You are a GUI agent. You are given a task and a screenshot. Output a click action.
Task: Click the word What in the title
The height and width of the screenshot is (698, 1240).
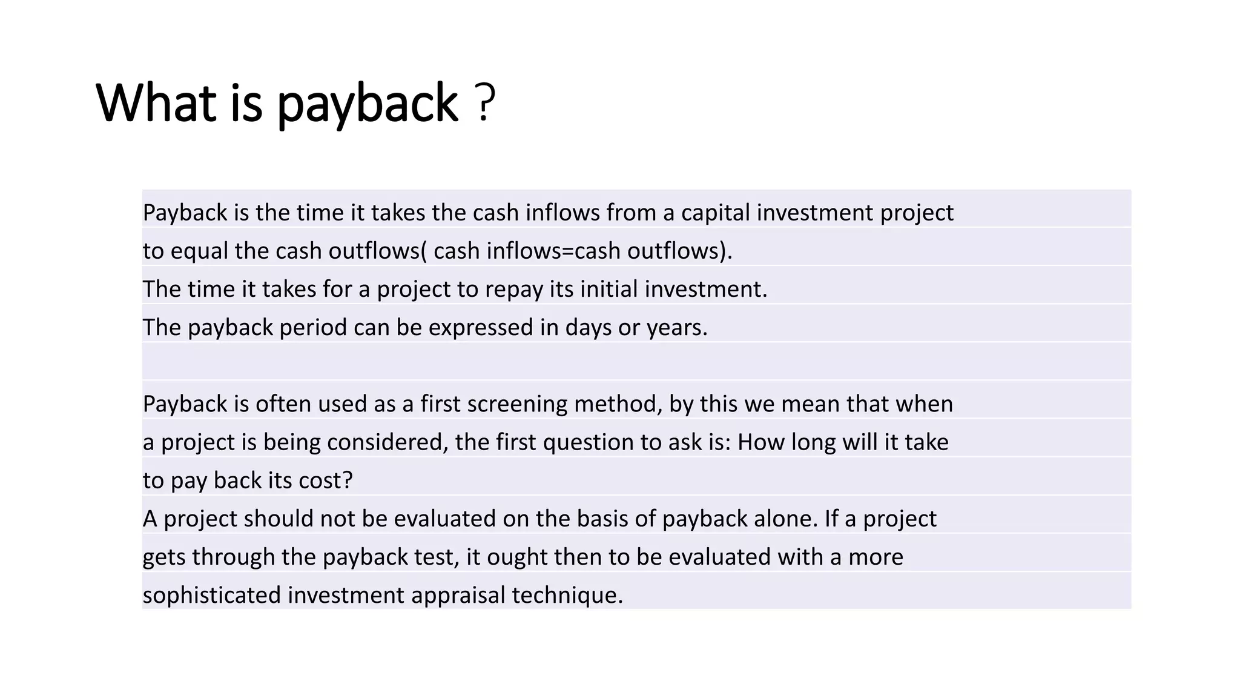[x=156, y=103]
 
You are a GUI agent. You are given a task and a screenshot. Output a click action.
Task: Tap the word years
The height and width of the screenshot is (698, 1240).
[x=677, y=328]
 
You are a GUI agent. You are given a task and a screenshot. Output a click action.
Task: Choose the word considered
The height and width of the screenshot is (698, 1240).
[x=387, y=442]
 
